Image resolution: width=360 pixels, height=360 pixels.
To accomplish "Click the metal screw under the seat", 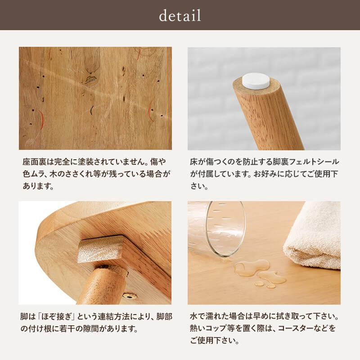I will coord(130,296).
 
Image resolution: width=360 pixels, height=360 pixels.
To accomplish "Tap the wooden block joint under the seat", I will coord(100,249).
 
